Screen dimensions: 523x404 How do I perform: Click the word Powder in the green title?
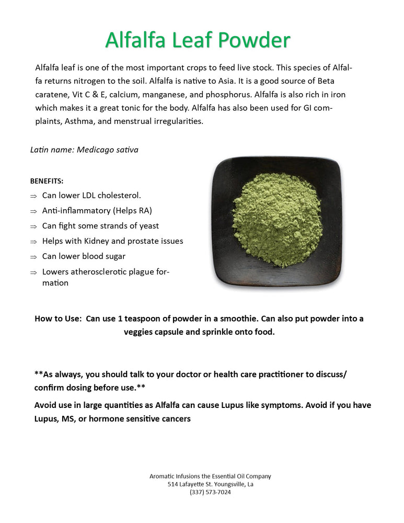pos(254,40)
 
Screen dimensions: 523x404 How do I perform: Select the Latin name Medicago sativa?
pos(108,150)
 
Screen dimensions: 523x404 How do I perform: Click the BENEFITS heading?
pos(47,181)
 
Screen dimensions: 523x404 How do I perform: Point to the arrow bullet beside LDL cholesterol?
pos(33,196)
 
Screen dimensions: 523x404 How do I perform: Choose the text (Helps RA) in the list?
pos(133,211)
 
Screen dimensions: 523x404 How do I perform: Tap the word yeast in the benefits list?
pos(148,226)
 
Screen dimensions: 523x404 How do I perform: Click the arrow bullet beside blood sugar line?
pos(33,257)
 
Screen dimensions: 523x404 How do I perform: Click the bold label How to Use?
pos(57,319)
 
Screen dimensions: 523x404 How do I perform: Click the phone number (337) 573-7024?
pos(210,492)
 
